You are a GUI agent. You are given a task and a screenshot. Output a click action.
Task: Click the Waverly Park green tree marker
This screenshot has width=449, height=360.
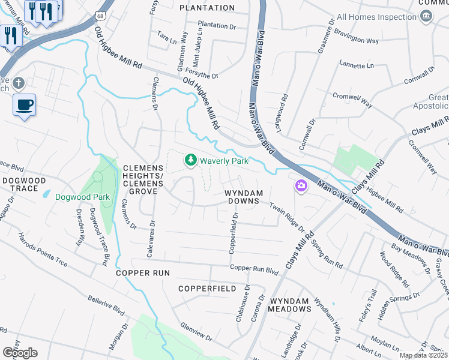(191, 160)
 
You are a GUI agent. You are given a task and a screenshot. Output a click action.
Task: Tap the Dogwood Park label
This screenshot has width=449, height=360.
(82, 197)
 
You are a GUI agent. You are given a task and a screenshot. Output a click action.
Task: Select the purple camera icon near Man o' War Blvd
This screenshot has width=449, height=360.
(301, 186)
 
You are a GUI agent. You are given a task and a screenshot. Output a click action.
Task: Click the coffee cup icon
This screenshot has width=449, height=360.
(24, 105)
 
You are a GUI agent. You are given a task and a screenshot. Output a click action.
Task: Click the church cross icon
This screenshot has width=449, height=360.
(19, 82)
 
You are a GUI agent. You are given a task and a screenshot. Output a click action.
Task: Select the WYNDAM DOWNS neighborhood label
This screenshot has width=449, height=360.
(243, 197)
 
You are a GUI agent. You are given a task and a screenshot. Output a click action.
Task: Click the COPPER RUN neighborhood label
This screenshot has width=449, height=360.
(143, 273)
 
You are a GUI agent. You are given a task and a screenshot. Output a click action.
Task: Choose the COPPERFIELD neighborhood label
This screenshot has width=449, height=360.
(207, 289)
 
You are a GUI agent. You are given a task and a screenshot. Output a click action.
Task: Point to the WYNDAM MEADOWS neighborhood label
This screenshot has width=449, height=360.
(290, 305)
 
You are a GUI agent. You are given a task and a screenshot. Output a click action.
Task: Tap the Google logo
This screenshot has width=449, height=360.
(19, 353)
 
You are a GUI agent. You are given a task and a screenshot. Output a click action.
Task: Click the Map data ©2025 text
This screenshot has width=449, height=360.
(423, 355)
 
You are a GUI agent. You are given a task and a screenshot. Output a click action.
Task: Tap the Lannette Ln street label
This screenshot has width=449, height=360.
(356, 65)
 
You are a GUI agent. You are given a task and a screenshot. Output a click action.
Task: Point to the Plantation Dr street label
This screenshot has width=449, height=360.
(217, 26)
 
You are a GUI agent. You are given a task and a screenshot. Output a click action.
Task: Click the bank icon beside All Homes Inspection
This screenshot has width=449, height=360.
(426, 16)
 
